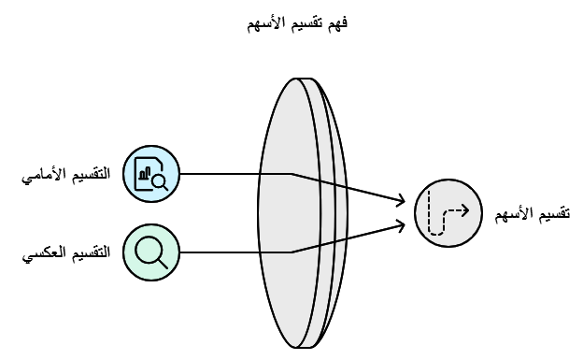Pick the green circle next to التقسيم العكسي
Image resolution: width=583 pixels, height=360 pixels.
click(150, 251)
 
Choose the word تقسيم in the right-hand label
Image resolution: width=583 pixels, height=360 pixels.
click(554, 213)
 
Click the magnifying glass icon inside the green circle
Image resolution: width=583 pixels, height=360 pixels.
click(150, 251)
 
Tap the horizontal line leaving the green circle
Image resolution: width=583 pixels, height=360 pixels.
click(234, 252)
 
